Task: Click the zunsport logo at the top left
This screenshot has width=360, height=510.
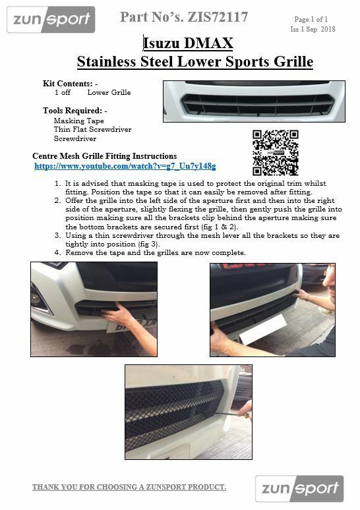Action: (51, 19)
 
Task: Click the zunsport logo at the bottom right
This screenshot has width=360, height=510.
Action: (301, 489)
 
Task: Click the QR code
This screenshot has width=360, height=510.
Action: (276, 152)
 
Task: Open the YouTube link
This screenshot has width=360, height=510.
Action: (125, 166)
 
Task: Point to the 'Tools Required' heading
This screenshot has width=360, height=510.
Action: (74, 111)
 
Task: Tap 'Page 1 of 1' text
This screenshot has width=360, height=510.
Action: (311, 20)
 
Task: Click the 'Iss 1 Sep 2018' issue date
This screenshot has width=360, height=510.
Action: (313, 30)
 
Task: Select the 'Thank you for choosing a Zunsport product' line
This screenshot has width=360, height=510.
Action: (129, 487)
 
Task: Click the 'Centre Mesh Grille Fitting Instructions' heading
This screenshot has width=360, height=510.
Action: (104, 156)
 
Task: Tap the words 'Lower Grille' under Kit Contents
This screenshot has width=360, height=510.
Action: (109, 93)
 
